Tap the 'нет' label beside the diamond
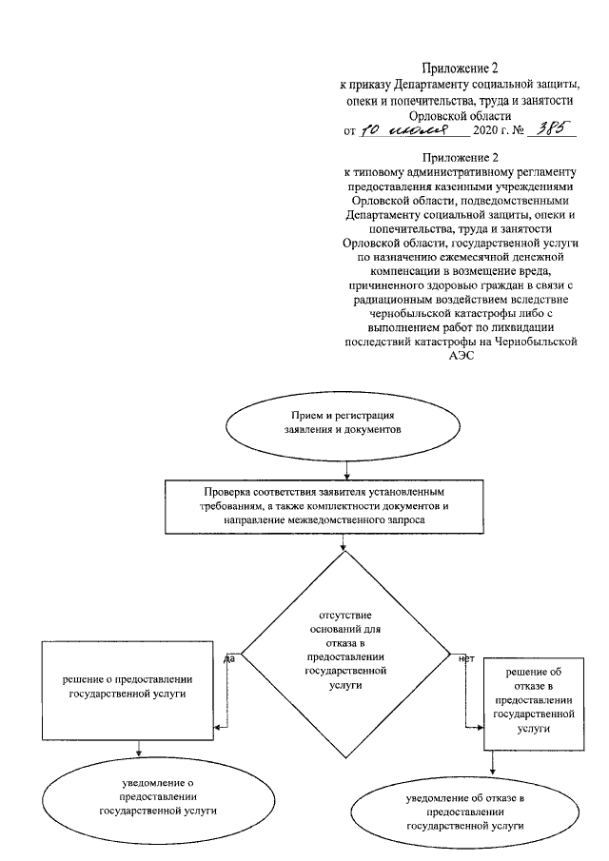(465, 658)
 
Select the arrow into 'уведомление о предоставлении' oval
(139, 749)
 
